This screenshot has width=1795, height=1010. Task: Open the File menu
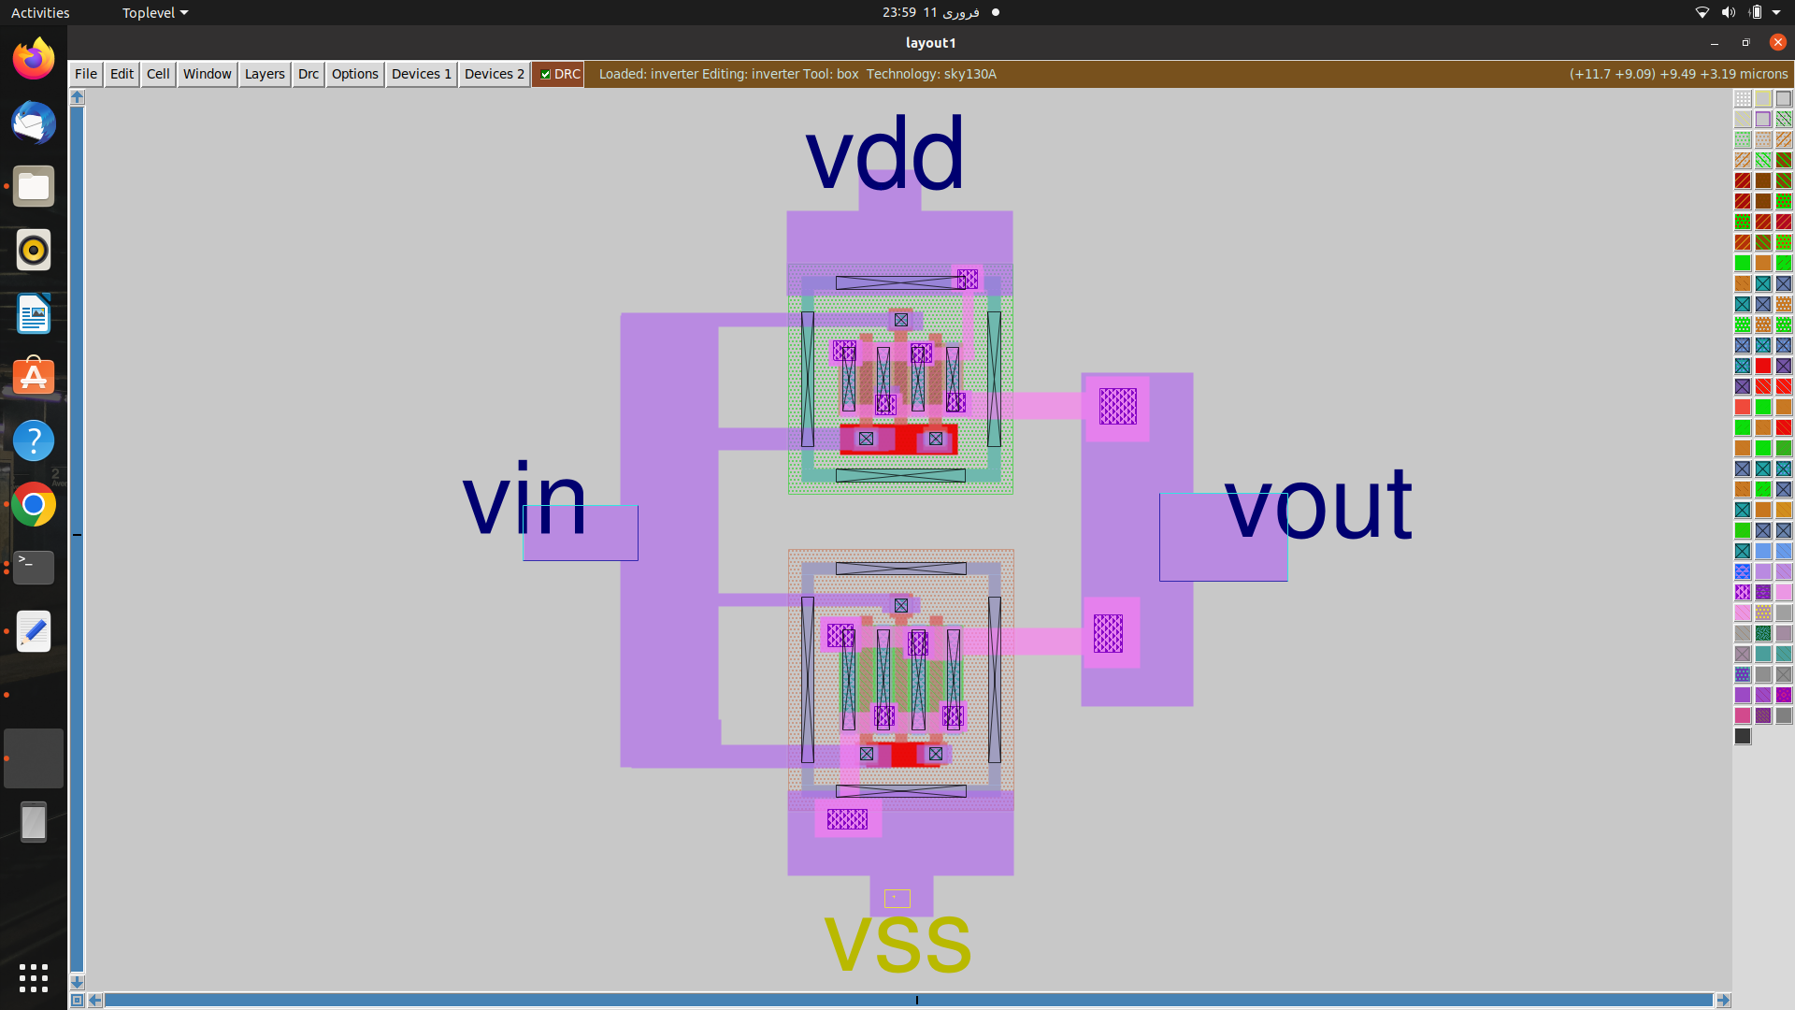click(x=86, y=74)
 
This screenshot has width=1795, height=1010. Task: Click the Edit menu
click(x=122, y=74)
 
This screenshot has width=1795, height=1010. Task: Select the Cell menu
click(x=158, y=74)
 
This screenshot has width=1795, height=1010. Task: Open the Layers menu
click(x=265, y=74)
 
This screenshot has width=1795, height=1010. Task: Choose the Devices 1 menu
click(x=422, y=74)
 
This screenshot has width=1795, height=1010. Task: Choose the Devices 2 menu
click(x=495, y=74)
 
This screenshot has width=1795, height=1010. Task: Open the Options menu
click(x=355, y=74)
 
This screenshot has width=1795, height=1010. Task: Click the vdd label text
click(x=884, y=153)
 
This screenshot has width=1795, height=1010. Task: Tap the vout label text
click(x=1317, y=504)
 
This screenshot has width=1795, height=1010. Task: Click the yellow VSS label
click(x=897, y=945)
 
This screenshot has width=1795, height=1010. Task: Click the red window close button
click(x=1777, y=42)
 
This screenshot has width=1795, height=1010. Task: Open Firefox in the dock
click(x=34, y=59)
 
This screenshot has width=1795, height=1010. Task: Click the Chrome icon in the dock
click(x=34, y=505)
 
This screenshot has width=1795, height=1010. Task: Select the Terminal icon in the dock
click(x=34, y=567)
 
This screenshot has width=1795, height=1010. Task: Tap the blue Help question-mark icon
click(x=34, y=440)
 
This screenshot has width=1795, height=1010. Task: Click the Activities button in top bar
click(x=40, y=12)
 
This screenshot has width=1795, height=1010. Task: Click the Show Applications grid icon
click(x=34, y=978)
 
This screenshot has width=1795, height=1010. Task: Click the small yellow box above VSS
click(x=897, y=899)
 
